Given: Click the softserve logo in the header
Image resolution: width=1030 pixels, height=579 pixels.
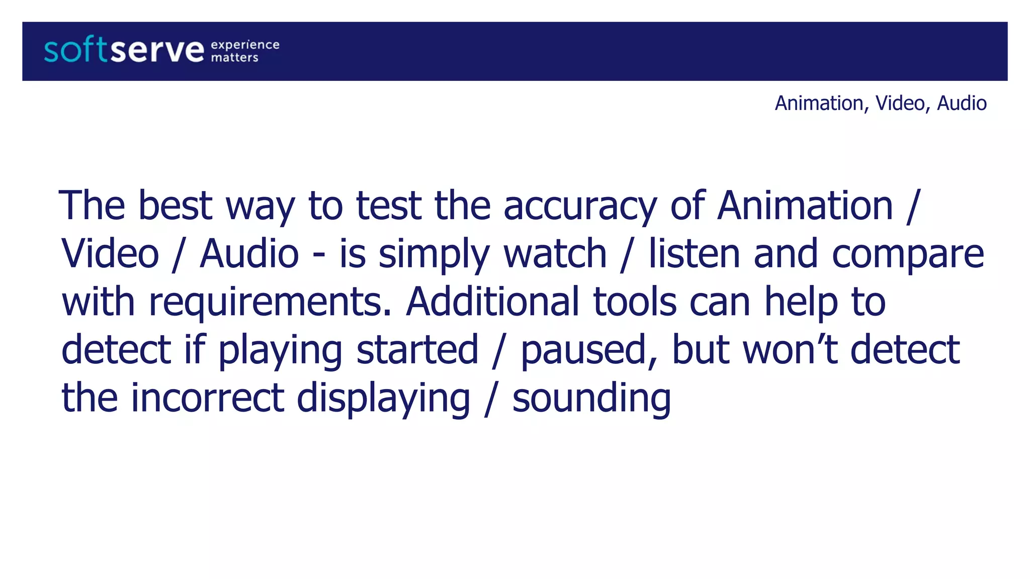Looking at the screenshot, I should (124, 51).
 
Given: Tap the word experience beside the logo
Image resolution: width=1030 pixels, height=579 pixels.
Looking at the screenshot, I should (245, 45).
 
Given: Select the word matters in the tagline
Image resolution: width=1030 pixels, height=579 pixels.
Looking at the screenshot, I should (234, 58).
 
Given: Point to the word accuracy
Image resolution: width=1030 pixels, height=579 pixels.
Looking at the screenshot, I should (580, 206).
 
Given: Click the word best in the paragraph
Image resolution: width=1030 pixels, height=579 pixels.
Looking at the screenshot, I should (175, 206).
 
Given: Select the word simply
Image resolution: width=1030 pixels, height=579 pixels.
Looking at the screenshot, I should (434, 254).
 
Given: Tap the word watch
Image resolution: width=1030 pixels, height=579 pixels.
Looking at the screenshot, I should (555, 253).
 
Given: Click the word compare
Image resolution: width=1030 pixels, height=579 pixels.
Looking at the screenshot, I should (908, 254).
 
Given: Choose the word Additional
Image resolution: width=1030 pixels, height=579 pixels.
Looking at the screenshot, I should (492, 302).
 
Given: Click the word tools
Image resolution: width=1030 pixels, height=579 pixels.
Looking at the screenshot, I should (635, 302).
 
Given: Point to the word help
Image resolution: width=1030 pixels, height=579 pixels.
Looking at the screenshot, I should (801, 302).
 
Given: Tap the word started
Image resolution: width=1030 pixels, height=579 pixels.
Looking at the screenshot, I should (417, 349).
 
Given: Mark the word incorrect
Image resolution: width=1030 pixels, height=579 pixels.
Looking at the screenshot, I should (208, 398).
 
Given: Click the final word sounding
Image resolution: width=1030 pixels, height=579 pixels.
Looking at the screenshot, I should (591, 399).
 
